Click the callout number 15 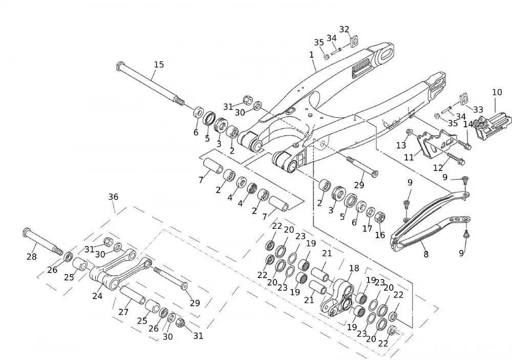click(x=159, y=65)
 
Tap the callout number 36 click(x=113, y=197)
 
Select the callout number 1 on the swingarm click(x=311, y=54)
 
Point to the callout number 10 click(x=497, y=93)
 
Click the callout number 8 click(x=425, y=255)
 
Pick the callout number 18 click(x=354, y=268)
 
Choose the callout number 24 click(x=97, y=295)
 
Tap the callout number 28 click(x=32, y=257)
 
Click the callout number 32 click(x=345, y=29)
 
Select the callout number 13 click(x=401, y=145)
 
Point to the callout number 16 click(x=380, y=235)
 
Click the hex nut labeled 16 click(x=380, y=217)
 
